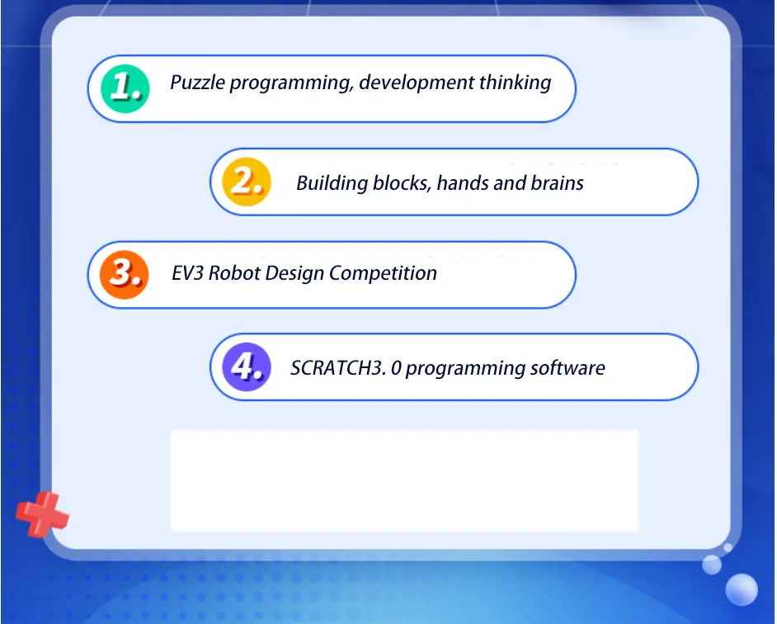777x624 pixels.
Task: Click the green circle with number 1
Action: [x=125, y=88]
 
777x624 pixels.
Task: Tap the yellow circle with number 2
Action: [x=247, y=182]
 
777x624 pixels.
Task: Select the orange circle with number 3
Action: [x=125, y=274]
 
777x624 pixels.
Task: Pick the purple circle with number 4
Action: [x=247, y=367]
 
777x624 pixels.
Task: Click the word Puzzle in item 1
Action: [x=197, y=83]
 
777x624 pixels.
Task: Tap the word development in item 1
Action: [x=416, y=83]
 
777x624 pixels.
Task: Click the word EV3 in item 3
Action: [x=187, y=273]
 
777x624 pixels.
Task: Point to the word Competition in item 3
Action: [x=383, y=273]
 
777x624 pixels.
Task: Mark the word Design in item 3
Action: [x=294, y=274]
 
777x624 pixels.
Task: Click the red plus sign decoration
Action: [x=42, y=514]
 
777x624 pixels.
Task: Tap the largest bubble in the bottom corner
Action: [x=742, y=589]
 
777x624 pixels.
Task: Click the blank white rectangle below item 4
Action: [x=404, y=480]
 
